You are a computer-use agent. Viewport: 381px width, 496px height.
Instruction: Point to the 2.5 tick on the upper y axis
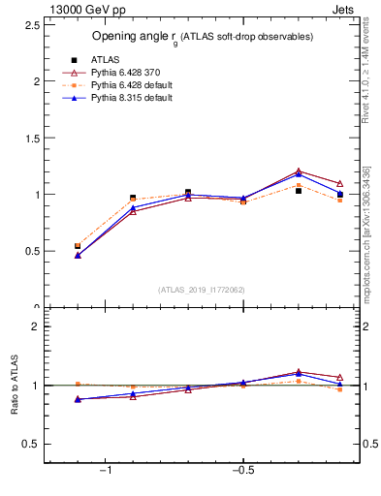tap(30, 25)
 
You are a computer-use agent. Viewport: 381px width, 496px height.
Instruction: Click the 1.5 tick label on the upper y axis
tap(30, 138)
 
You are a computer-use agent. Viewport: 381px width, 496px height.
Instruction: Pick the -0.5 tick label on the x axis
tap(242, 471)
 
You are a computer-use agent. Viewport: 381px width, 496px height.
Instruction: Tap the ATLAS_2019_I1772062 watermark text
tap(202, 289)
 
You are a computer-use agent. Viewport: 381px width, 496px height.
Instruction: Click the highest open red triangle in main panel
tap(299, 171)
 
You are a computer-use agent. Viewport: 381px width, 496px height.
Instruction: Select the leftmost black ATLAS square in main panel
tap(78, 246)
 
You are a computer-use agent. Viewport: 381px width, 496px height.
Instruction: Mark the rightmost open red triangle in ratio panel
tap(339, 377)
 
